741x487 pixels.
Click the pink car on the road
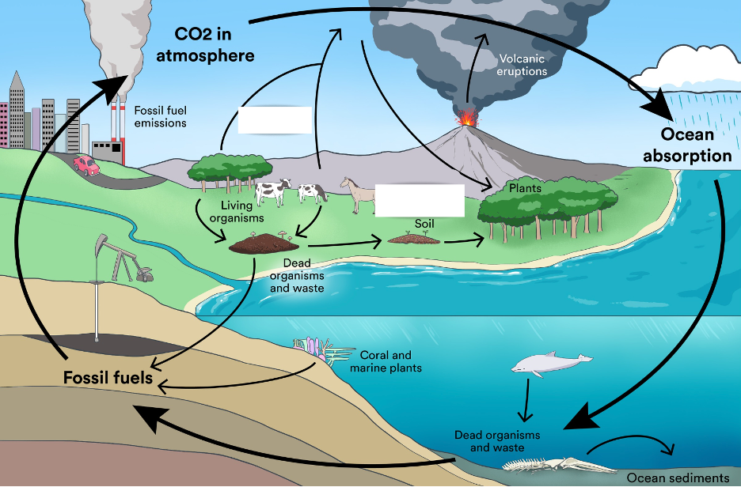[x=85, y=165]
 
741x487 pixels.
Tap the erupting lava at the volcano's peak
[x=469, y=119]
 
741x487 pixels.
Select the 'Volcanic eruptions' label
[x=522, y=65]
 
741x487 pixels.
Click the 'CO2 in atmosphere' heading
[x=215, y=45]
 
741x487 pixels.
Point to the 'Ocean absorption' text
[x=686, y=145]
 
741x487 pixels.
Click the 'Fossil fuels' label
[x=108, y=378]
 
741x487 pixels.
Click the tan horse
[x=358, y=194]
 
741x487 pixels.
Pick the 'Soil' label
[x=425, y=224]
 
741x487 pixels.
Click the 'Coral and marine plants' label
[x=386, y=361]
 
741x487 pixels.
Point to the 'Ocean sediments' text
[x=678, y=478]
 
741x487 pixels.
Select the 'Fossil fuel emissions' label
[x=161, y=117]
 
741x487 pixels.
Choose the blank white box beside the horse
[x=419, y=199]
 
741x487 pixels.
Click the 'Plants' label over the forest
[x=525, y=188]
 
